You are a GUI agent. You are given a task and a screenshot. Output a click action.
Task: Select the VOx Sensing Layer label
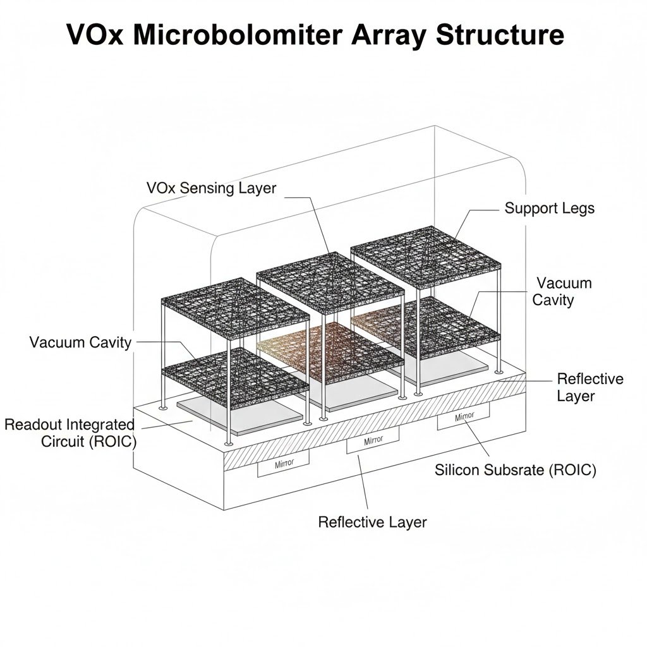coord(211,188)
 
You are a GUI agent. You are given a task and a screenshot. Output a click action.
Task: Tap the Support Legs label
coord(549,208)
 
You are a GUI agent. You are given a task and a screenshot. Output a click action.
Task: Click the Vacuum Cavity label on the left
coord(80,342)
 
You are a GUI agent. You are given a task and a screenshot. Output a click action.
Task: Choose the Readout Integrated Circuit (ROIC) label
coord(70,433)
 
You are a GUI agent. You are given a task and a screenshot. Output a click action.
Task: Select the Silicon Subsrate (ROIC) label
coord(516,470)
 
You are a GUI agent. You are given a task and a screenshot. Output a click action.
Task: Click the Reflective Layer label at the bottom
coord(372,522)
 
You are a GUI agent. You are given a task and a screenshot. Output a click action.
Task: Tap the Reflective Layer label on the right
coord(590,387)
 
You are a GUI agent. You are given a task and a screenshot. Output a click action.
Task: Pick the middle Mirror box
coord(373,441)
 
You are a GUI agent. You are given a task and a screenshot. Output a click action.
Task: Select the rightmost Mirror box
coord(463,418)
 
